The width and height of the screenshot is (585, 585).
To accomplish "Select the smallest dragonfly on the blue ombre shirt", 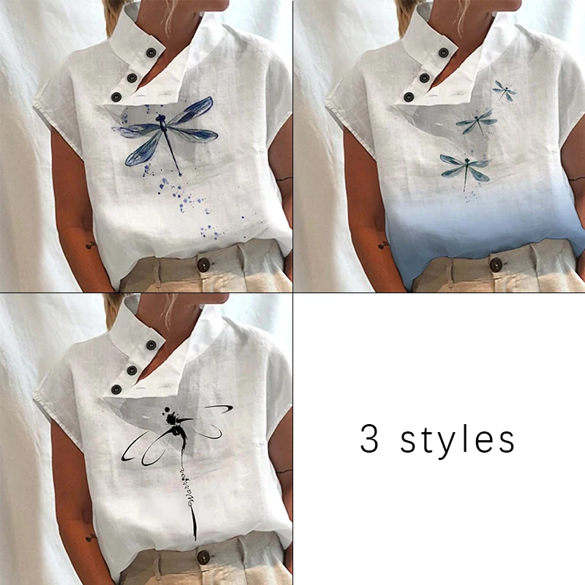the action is coord(505,90).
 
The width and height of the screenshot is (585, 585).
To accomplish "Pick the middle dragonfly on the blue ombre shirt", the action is coord(477,121).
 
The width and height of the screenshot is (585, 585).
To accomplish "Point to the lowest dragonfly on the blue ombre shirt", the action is coord(465,169).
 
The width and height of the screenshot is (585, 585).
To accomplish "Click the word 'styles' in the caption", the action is coord(458,440).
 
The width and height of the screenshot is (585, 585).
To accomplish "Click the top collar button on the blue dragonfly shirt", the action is coord(151,52).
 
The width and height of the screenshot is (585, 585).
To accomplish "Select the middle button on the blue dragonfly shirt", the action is coord(132,78).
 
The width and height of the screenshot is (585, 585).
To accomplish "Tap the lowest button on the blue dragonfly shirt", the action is coord(116,97).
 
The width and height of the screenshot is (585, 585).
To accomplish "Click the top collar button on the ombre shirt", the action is coord(444,52).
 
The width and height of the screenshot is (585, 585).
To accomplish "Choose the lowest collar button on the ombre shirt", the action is coord(409,97).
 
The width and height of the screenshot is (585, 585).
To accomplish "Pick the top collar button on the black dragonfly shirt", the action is coord(151,344).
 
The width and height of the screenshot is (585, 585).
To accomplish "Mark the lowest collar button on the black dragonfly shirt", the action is coord(116,390).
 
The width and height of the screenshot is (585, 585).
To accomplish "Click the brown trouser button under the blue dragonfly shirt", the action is coord(203,265).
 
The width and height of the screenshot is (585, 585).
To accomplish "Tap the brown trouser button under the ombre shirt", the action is coord(496,265).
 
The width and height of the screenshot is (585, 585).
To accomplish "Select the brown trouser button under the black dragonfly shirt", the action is coord(203,557).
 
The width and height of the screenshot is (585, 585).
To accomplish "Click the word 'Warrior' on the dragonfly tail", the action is coord(187,487).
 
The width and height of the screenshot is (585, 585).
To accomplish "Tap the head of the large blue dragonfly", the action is coord(161,118).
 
